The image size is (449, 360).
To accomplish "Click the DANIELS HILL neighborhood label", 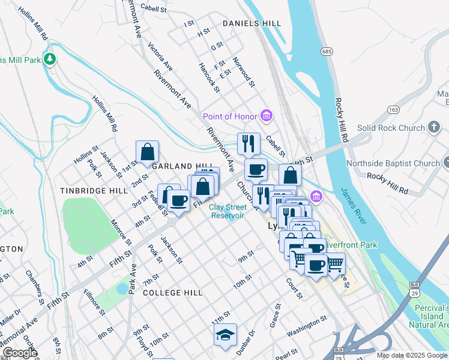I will tap(252, 23).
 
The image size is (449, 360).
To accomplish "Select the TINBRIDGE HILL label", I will tap(94, 190).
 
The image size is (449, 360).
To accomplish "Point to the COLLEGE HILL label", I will tap(173, 292).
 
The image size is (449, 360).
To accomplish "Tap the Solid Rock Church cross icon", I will tap(434, 127).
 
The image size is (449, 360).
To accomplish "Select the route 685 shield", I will tap(327, 52).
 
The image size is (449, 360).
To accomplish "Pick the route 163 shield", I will tap(394, 110).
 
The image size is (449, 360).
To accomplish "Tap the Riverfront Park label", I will tap(356, 245).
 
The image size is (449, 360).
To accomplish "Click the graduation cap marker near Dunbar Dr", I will tap(225, 335).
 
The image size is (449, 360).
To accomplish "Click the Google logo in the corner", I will tap(20, 353).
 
